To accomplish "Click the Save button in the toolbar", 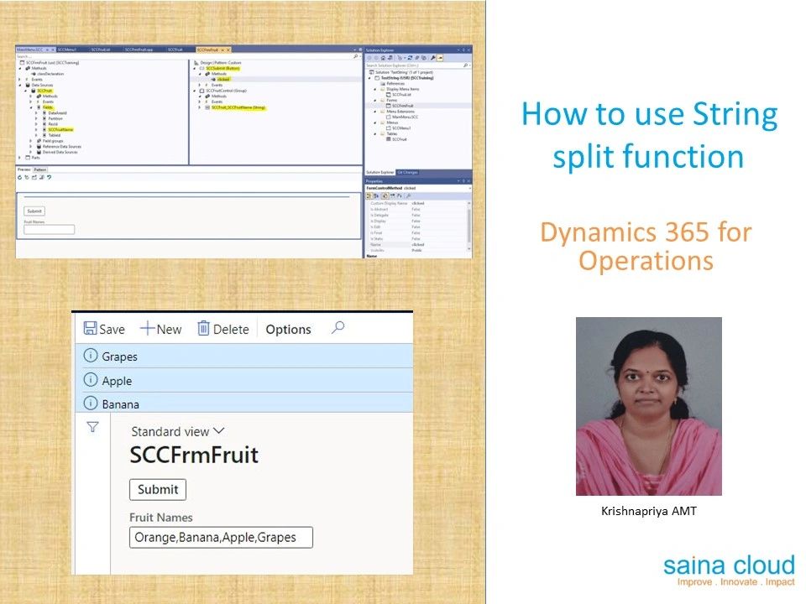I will point(104,329).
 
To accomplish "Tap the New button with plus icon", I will point(160,329).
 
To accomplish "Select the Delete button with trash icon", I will point(222,329).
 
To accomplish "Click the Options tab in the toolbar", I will point(288,330).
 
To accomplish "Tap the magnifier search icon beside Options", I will point(338,328).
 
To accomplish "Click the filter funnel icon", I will point(93,427).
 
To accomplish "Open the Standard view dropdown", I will point(178,431).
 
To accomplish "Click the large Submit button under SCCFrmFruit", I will point(158,489).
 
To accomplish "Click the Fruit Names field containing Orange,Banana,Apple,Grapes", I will point(220,537).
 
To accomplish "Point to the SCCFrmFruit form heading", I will point(194,456).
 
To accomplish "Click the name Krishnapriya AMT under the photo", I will point(649,510).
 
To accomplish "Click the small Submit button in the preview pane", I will point(34,211).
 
